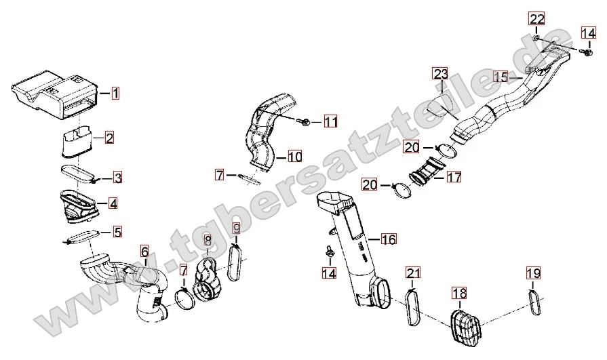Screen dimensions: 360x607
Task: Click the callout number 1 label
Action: [x=115, y=93]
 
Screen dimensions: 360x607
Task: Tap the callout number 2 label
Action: [x=109, y=138]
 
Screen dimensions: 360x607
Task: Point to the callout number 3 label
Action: [x=117, y=178]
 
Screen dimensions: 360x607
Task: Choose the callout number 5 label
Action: [x=117, y=232]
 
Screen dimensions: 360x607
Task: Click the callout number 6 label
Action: [x=144, y=252]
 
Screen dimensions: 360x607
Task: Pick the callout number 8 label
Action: [x=208, y=239]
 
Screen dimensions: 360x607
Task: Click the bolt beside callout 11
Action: [x=305, y=122]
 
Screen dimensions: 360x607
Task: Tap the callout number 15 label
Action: [x=501, y=77]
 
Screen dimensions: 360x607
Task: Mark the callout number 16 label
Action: [x=388, y=239]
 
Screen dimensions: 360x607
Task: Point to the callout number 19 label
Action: [x=534, y=273]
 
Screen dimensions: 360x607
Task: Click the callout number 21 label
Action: [x=414, y=273]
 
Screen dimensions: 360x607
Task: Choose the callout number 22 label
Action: [x=537, y=18]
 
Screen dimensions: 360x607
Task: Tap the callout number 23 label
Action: [x=441, y=73]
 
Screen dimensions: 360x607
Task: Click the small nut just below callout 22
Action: [x=535, y=39]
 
